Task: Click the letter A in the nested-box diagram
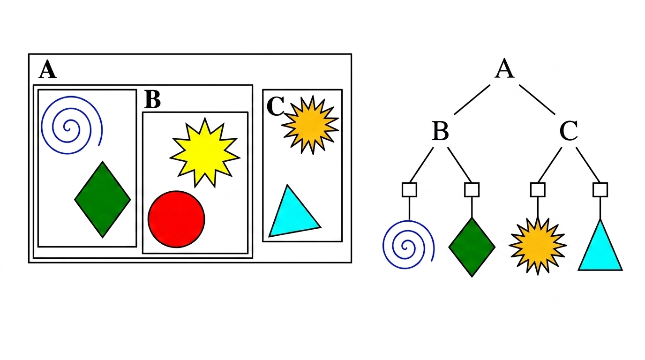[x=47, y=70]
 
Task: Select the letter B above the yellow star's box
[x=152, y=99]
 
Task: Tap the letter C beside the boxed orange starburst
[x=275, y=107]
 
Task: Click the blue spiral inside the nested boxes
[x=71, y=126]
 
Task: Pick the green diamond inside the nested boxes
[x=103, y=200]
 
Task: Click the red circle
[x=176, y=218]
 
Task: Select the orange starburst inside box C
[x=310, y=125]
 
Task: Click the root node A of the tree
[x=504, y=69]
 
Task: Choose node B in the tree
[x=440, y=132]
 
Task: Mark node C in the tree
[x=568, y=132]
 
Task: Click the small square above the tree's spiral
[x=409, y=189]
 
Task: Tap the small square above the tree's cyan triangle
[x=600, y=189]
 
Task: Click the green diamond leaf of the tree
[x=472, y=247]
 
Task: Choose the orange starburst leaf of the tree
[x=537, y=246]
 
